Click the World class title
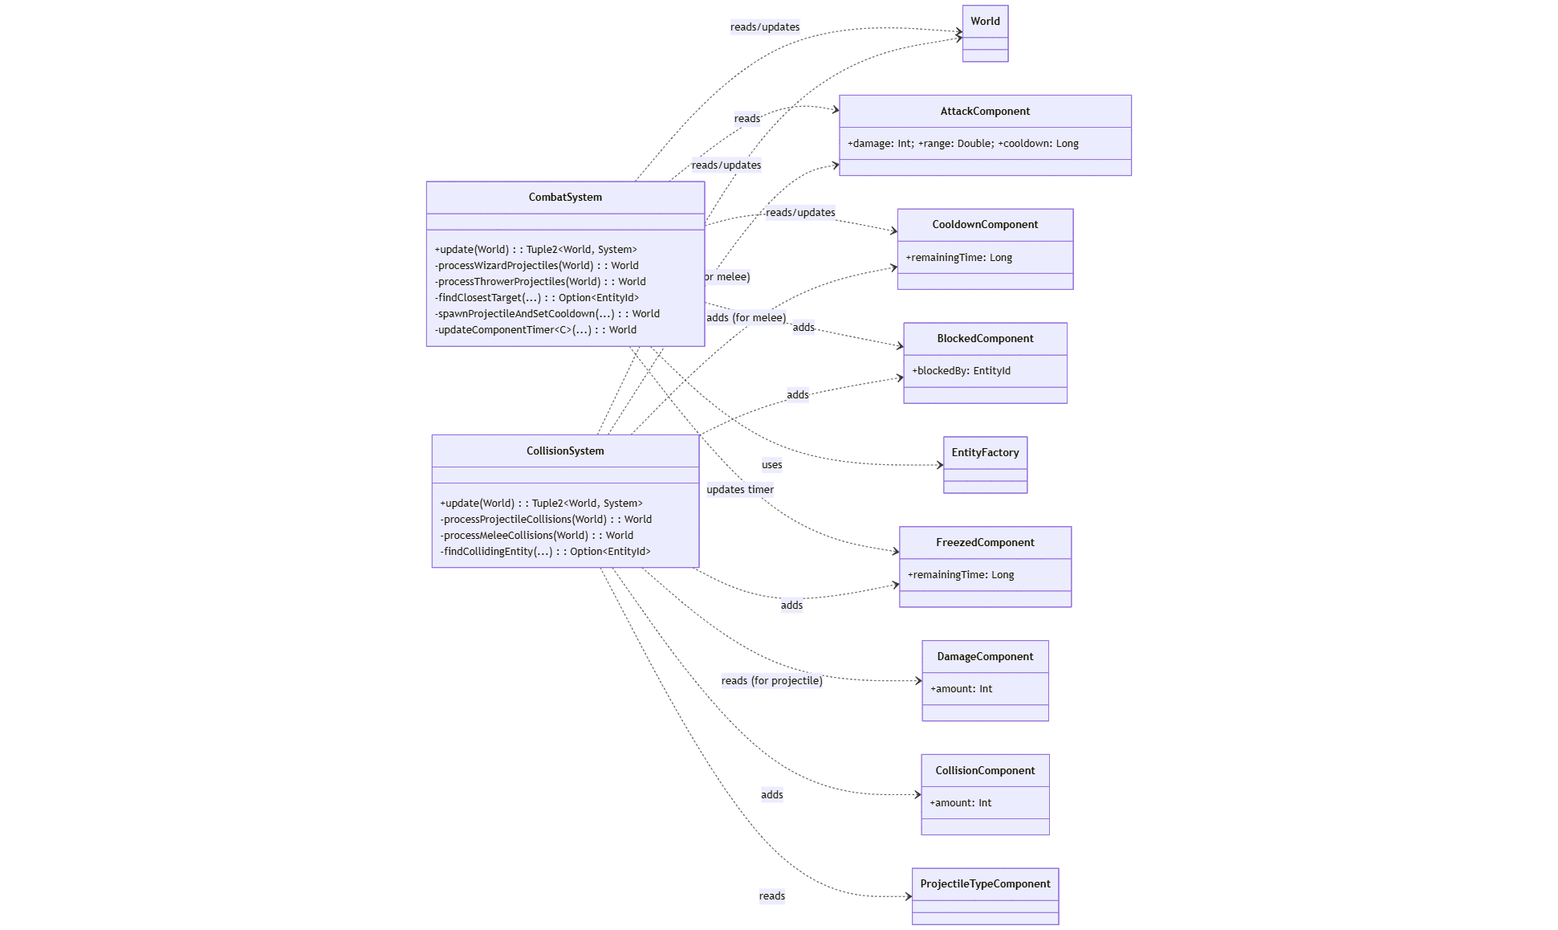[985, 22]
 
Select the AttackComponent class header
[985, 112]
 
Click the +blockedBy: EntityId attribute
[961, 371]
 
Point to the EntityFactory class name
[985, 453]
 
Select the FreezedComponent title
[985, 543]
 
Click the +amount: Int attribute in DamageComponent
[961, 689]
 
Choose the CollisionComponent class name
[985, 771]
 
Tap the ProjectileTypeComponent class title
[985, 884]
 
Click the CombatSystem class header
[565, 198]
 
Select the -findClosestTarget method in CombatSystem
[536, 298]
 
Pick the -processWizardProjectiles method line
[536, 266]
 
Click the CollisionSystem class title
[565, 451]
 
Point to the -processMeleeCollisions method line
[536, 536]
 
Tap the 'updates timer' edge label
[740, 490]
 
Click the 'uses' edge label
[771, 465]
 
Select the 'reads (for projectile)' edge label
[771, 681]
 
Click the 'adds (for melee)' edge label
[746, 318]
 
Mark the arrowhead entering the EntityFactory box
[940, 465]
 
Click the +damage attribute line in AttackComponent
[962, 144]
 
